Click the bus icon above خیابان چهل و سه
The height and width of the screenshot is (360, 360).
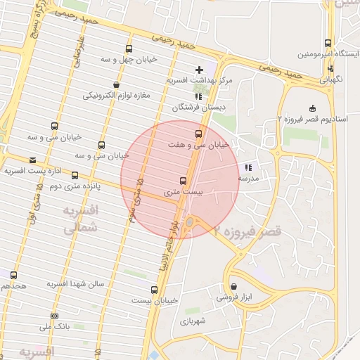point(128,49)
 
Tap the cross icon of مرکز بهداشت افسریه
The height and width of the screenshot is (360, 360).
point(200,70)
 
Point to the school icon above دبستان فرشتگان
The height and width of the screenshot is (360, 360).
point(197,95)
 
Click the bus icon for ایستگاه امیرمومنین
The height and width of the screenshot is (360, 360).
point(328,43)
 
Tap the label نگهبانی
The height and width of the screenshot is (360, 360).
point(330,79)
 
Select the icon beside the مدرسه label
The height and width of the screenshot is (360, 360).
point(247,167)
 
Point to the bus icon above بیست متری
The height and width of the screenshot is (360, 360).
point(184,180)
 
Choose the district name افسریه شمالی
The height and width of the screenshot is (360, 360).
point(81,220)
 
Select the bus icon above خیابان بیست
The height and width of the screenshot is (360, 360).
point(154,289)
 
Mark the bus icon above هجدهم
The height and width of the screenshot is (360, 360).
point(13,274)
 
